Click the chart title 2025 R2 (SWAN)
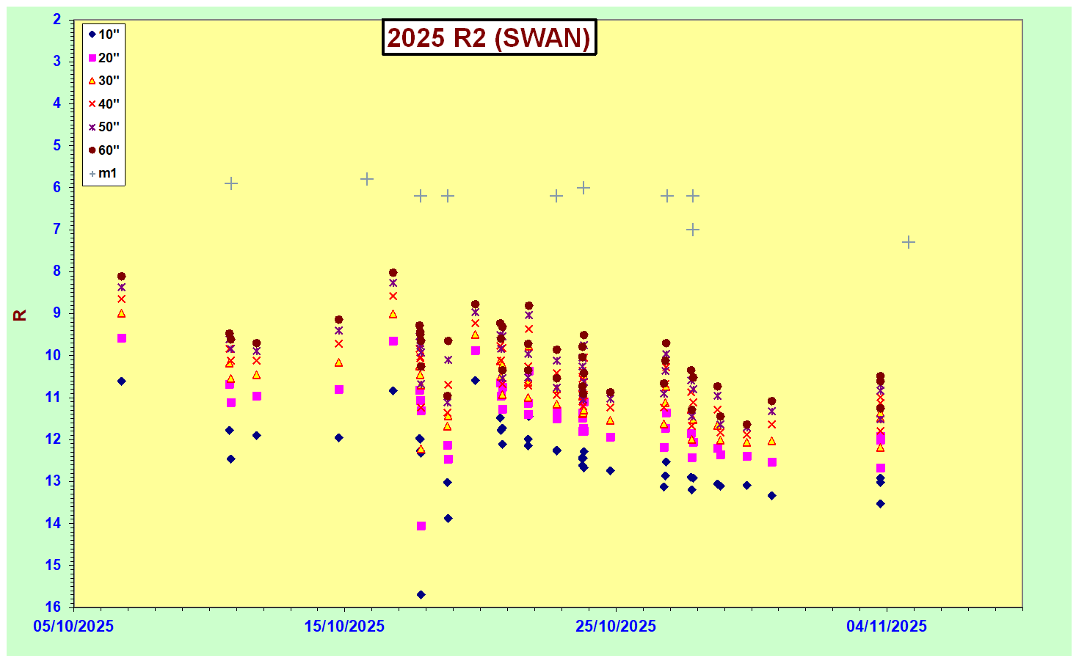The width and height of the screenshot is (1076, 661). pyautogui.click(x=489, y=37)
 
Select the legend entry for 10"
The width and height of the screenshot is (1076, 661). pyautogui.click(x=103, y=34)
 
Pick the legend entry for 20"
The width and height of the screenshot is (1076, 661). pyautogui.click(x=103, y=58)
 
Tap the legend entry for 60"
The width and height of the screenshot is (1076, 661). pyautogui.click(x=103, y=150)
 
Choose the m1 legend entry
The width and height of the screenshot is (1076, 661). pyautogui.click(x=103, y=174)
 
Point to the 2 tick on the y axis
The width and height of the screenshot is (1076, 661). pyautogui.click(x=57, y=20)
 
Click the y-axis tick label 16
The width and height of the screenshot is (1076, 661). pyautogui.click(x=53, y=607)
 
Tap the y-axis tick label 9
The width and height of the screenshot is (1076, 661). pyautogui.click(x=57, y=313)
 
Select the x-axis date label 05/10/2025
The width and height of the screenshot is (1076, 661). pyautogui.click(x=73, y=627)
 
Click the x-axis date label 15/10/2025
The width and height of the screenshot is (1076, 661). pyautogui.click(x=344, y=627)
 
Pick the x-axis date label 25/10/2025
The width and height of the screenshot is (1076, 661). pyautogui.click(x=616, y=627)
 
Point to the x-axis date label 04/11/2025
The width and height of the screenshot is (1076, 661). pyautogui.click(x=887, y=627)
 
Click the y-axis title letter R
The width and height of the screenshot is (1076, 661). pyautogui.click(x=20, y=315)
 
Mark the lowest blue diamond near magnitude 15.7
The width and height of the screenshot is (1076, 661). pyautogui.click(x=421, y=594)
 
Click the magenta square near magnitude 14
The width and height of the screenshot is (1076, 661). pyautogui.click(x=421, y=526)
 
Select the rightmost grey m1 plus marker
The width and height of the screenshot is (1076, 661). pyautogui.click(x=909, y=242)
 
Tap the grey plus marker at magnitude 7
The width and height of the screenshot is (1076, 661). pyautogui.click(x=693, y=230)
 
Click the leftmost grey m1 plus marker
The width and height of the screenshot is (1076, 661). pyautogui.click(x=231, y=183)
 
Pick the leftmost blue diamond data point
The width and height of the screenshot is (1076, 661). pyautogui.click(x=122, y=381)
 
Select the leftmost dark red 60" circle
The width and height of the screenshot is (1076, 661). pyautogui.click(x=122, y=277)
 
